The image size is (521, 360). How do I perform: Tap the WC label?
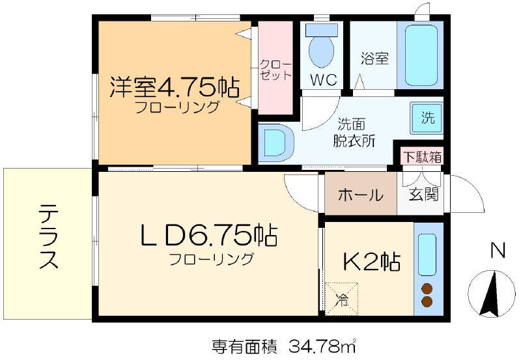(324, 79)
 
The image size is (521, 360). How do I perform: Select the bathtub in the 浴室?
(421, 55)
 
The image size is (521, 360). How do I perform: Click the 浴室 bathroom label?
(374, 59)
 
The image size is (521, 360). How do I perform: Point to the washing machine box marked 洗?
(427, 118)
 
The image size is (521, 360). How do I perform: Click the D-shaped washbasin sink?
(275, 143)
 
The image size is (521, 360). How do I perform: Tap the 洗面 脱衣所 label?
(354, 133)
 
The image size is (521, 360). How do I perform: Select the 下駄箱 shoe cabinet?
(422, 156)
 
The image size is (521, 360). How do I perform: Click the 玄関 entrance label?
(423, 194)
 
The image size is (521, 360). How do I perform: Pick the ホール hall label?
(361, 195)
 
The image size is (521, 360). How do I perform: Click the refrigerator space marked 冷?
(341, 299)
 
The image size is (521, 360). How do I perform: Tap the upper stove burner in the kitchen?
(427, 290)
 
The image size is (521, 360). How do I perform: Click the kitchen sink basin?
(427, 255)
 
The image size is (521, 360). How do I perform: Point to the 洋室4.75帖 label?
(175, 87)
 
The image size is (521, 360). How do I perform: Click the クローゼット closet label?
(275, 70)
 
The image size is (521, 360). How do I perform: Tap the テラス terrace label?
(48, 236)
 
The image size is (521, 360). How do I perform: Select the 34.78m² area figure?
(322, 346)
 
